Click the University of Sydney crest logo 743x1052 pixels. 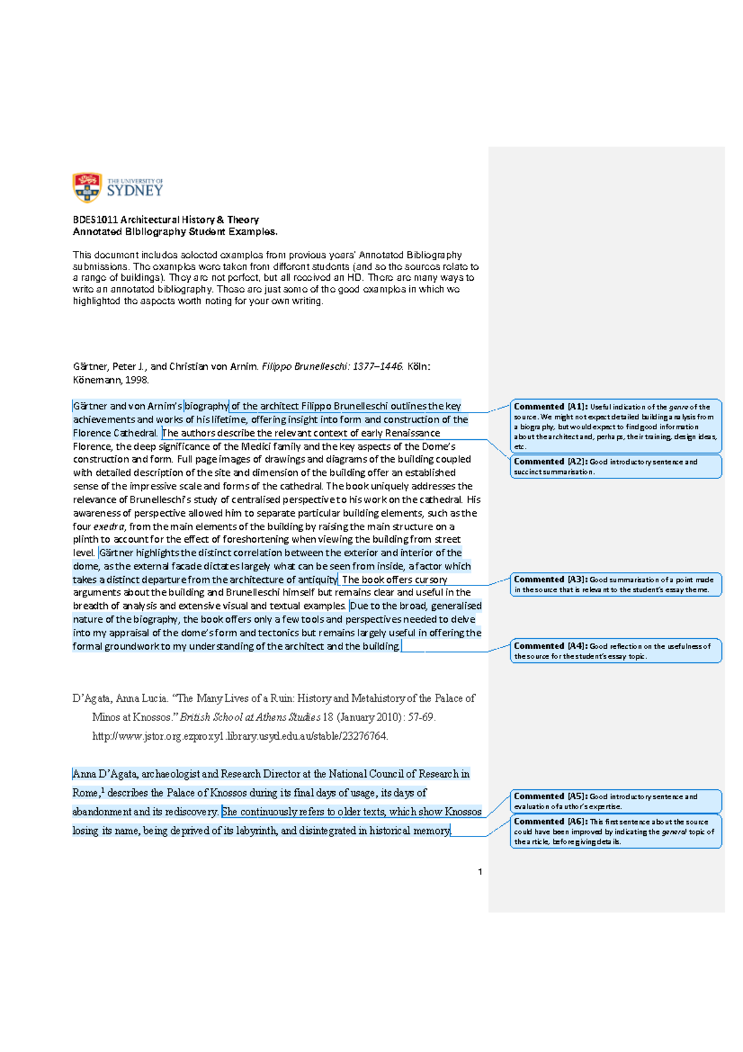[87, 188]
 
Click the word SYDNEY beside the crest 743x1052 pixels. [134, 191]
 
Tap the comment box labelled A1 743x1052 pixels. [615, 426]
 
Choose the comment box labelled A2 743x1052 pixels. [615, 467]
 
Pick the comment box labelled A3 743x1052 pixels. [615, 584]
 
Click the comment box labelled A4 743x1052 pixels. [615, 651]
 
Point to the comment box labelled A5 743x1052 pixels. [615, 801]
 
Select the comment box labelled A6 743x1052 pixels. [615, 831]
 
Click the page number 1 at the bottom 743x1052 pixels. [480, 872]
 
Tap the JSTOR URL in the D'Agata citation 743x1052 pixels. [240, 736]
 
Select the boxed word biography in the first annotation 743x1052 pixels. [206, 406]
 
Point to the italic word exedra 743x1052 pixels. [109, 527]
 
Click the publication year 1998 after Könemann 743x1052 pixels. [136, 380]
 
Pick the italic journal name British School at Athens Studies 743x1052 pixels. [250, 717]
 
